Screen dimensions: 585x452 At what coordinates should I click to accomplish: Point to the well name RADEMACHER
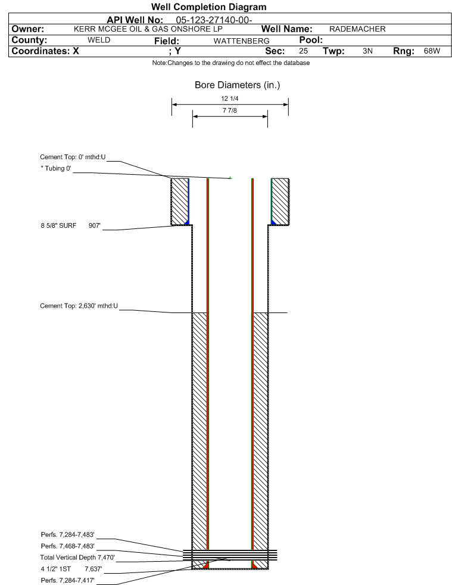[357, 29]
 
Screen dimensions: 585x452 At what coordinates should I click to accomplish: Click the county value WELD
[99, 40]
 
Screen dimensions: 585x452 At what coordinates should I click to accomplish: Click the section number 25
[303, 51]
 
